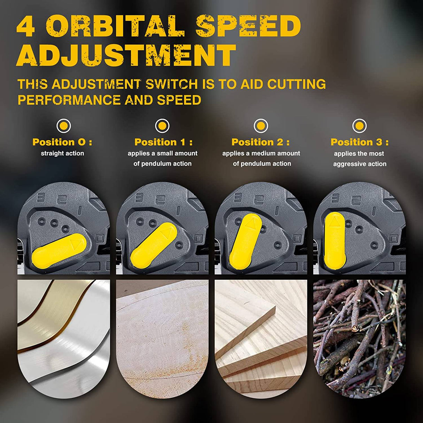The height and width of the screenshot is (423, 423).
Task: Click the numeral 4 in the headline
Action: (x=25, y=26)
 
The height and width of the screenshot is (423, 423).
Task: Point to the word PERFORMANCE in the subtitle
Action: (x=69, y=100)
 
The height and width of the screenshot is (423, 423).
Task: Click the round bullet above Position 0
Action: (x=64, y=126)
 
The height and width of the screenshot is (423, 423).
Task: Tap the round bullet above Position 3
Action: (x=359, y=126)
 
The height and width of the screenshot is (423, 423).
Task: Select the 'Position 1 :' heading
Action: (x=163, y=142)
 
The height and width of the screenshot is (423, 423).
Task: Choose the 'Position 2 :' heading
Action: (x=261, y=142)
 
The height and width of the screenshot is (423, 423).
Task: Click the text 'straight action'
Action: (x=62, y=153)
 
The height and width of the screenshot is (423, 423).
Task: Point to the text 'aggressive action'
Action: (x=360, y=164)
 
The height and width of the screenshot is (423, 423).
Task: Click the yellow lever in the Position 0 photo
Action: (x=59, y=251)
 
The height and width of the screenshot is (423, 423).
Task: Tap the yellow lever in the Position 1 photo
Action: (x=154, y=246)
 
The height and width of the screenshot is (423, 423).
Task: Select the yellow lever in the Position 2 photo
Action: (x=245, y=241)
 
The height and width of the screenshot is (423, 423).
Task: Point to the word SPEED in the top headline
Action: (x=248, y=26)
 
